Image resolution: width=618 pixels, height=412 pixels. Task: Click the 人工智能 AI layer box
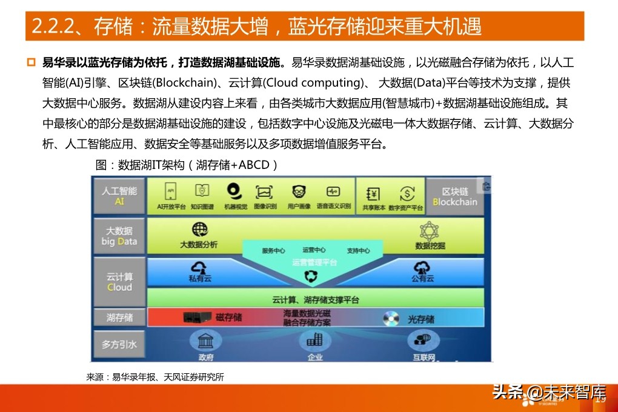(x=119, y=196)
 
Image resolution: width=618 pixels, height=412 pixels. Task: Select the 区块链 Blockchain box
(x=455, y=196)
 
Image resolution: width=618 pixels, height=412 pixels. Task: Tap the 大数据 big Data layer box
(x=119, y=236)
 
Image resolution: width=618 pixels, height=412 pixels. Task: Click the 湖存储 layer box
(x=119, y=317)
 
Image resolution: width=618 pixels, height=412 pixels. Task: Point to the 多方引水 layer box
(x=119, y=344)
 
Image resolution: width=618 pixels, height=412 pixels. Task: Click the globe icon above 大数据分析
(x=199, y=230)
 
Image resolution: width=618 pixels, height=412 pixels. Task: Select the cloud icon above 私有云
(x=199, y=267)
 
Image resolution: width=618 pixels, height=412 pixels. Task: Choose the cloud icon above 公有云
(x=422, y=267)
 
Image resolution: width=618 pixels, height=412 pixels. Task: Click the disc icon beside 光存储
(x=391, y=317)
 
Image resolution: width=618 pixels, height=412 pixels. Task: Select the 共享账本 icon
(x=373, y=194)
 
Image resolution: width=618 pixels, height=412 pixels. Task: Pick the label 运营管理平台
(x=314, y=262)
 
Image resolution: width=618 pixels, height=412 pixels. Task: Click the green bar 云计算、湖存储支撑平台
(x=315, y=299)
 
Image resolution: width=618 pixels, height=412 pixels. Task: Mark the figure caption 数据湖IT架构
(x=187, y=165)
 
